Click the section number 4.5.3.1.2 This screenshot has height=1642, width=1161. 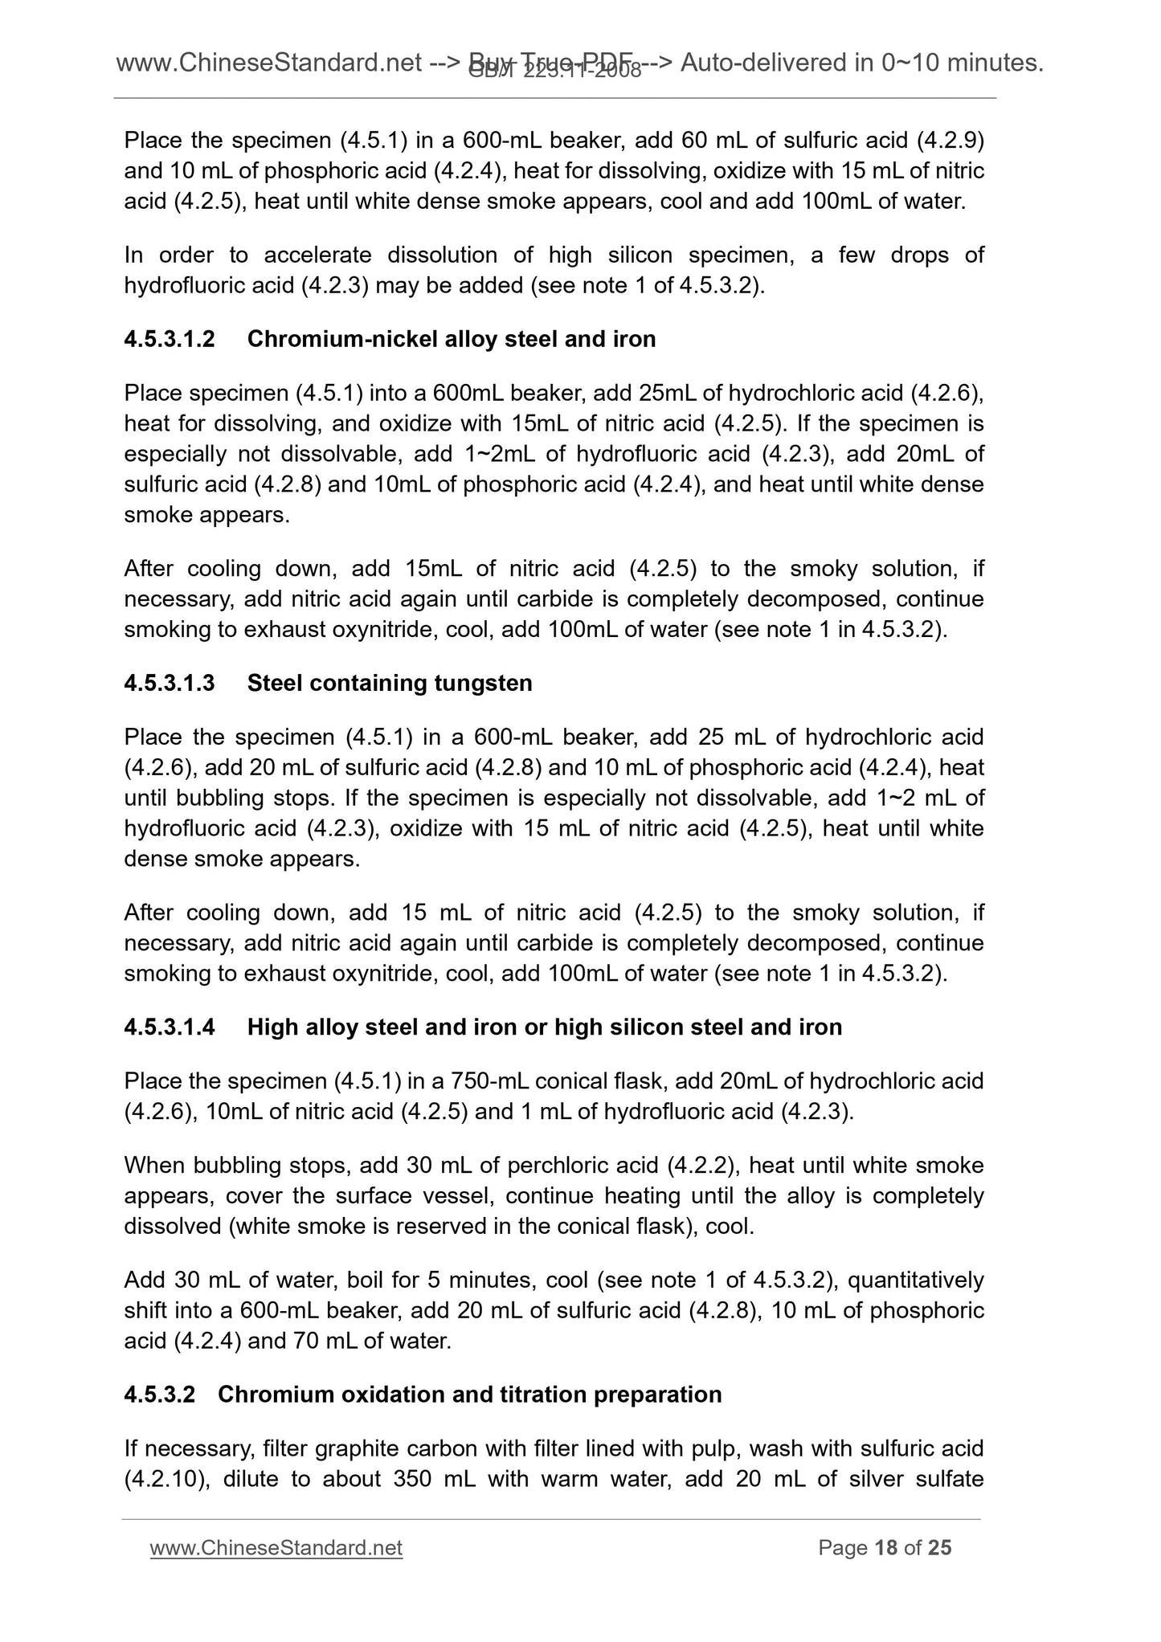[x=170, y=339]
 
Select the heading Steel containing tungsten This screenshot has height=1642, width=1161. [x=390, y=683]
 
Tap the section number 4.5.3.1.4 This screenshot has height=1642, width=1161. [x=170, y=1027]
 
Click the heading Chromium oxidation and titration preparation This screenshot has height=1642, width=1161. [x=469, y=1394]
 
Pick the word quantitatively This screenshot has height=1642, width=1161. [x=896, y=1279]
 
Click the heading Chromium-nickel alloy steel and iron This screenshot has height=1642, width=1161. [x=451, y=339]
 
